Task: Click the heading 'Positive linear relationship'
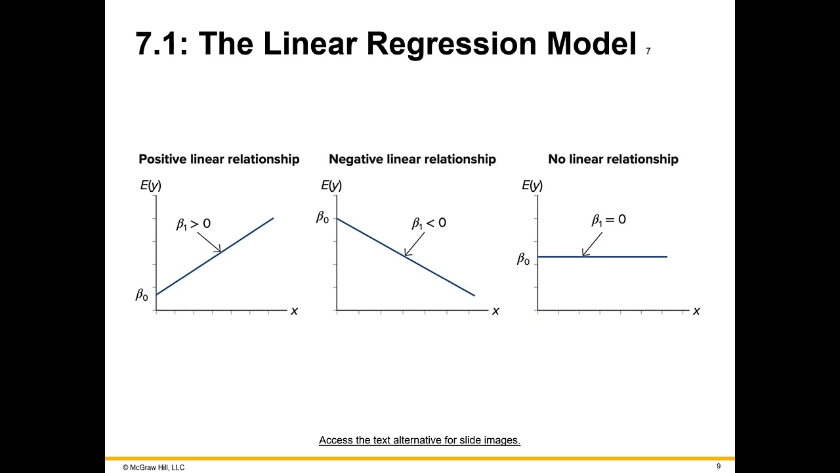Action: (x=219, y=159)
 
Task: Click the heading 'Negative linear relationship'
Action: (x=412, y=159)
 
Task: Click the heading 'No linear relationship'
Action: (x=613, y=159)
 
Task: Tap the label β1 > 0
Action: (x=193, y=224)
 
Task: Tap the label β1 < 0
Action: (x=429, y=223)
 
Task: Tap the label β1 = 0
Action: (x=608, y=220)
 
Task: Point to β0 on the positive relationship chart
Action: (x=142, y=296)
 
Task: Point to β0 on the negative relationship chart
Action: (x=322, y=217)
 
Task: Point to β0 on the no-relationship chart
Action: (x=523, y=259)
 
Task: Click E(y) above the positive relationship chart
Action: (x=150, y=185)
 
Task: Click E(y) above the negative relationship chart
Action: (x=331, y=185)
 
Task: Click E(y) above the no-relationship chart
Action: (x=532, y=185)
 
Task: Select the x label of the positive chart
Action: (x=294, y=311)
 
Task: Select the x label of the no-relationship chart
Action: (x=696, y=311)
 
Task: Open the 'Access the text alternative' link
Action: (x=419, y=440)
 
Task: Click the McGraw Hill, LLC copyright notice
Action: (x=154, y=467)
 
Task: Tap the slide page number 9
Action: (x=719, y=466)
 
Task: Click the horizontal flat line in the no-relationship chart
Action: (x=630, y=257)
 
